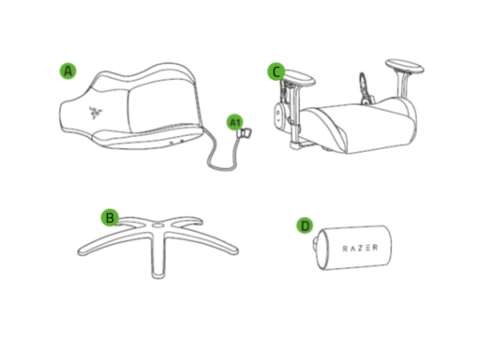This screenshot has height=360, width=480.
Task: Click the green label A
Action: click(x=68, y=70)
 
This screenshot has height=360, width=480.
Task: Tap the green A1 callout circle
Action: click(x=234, y=122)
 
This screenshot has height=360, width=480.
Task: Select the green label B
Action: click(x=110, y=217)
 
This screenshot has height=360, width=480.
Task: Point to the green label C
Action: click(x=276, y=72)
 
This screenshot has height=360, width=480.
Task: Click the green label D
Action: click(x=305, y=226)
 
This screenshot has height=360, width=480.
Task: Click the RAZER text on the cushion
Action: click(x=361, y=247)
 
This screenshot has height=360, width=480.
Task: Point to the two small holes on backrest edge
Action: click(x=177, y=138)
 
